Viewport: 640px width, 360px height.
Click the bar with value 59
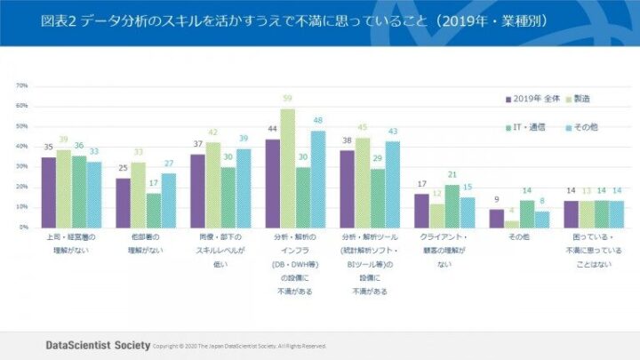288,168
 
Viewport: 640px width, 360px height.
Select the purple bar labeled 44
273,183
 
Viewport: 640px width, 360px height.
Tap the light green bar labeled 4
512,224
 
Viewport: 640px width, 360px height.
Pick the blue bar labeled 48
316,179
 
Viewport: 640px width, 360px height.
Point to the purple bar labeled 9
498,219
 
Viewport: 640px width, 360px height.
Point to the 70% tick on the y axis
23,86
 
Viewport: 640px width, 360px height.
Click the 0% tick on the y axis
24,228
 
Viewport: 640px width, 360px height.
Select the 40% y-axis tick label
23,147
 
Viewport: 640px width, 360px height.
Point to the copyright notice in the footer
239,346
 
